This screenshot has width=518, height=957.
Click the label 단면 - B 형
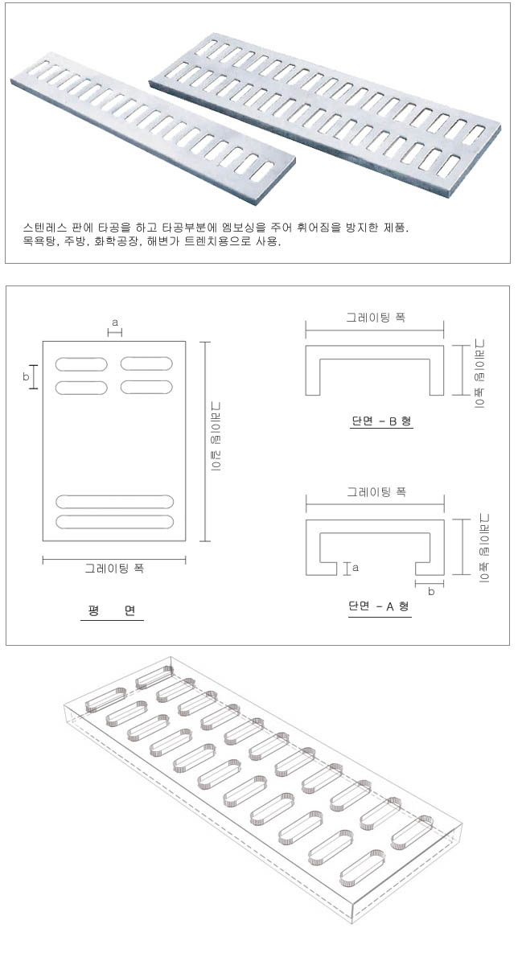pos(382,421)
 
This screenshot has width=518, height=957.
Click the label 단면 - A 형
pos(380,606)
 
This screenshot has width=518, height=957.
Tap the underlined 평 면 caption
pos(112,611)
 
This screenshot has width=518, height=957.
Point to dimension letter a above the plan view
pos(115,322)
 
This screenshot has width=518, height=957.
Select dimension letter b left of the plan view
pos(26,377)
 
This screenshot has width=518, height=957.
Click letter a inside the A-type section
pos(356,569)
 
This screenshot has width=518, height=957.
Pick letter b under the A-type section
pos(431,591)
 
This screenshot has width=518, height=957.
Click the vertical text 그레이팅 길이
pos(216,436)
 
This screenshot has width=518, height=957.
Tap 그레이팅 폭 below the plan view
pos(114,569)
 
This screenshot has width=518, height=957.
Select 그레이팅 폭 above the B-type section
pos(376,318)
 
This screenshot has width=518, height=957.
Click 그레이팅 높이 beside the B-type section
pos(480,373)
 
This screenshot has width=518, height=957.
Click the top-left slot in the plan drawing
pos(81,363)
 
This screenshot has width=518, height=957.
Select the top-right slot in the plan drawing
pos(146,363)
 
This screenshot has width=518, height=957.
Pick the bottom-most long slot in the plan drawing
pos(115,522)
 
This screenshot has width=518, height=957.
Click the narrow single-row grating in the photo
pos(153,128)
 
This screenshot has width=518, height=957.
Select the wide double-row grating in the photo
pos(325,115)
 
